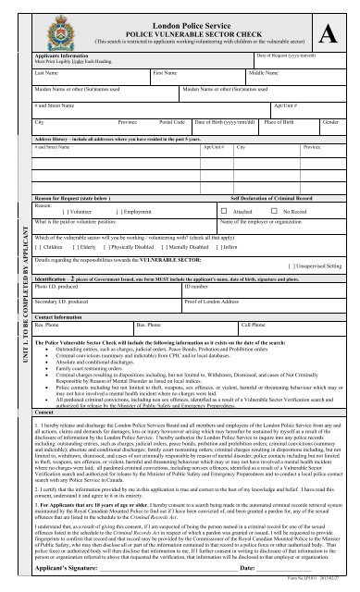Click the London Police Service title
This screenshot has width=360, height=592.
point(189,18)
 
